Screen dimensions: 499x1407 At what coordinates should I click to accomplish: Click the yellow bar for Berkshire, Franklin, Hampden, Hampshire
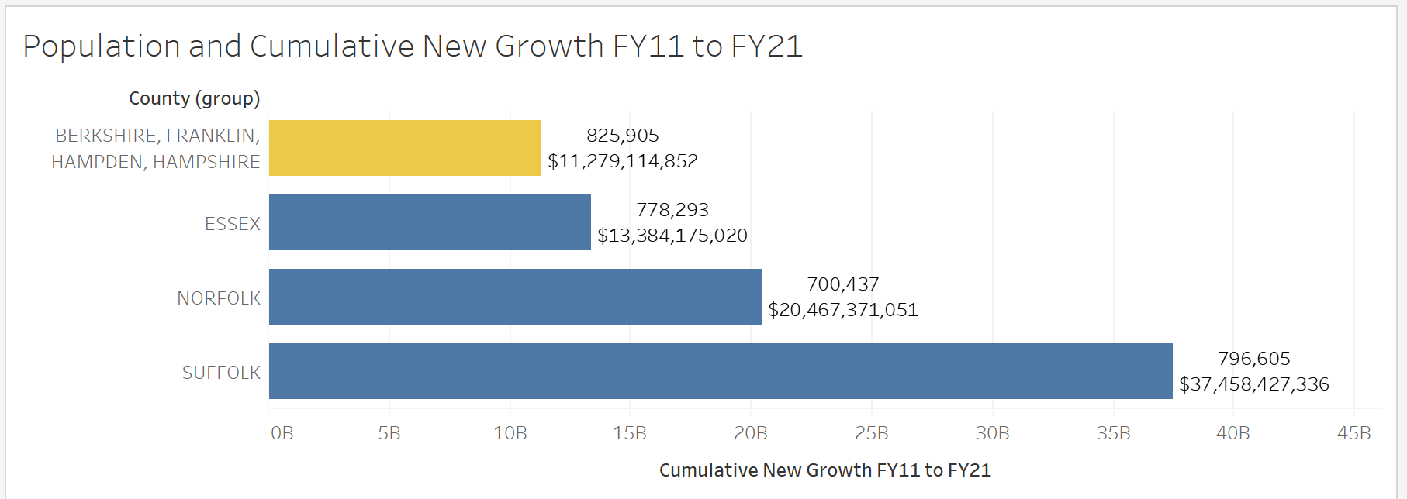point(405,148)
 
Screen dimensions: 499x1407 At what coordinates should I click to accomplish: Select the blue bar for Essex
point(430,222)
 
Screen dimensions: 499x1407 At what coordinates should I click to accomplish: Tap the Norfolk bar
point(515,297)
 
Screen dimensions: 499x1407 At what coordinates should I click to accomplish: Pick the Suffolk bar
point(721,371)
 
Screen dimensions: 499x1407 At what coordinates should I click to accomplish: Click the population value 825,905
point(622,136)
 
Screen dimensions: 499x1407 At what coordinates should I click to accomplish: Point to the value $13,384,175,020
point(672,236)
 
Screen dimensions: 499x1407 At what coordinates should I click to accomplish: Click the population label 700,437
point(842,284)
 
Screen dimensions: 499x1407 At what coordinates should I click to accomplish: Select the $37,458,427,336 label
point(1253,384)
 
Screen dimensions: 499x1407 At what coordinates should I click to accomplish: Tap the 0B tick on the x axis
point(282,433)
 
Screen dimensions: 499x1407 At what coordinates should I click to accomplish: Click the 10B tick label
point(510,433)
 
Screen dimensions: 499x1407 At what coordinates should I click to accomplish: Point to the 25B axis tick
point(871,433)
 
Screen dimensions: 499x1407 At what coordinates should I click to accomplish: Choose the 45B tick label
point(1353,433)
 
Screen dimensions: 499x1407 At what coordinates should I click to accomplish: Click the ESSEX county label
point(232,224)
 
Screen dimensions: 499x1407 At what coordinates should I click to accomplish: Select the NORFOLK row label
point(219,298)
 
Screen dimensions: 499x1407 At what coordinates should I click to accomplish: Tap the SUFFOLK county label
point(221,373)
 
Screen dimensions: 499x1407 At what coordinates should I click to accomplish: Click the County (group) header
point(194,98)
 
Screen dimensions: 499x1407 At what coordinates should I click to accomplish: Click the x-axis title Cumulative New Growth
point(824,470)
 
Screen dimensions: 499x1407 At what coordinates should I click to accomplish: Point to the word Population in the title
point(102,46)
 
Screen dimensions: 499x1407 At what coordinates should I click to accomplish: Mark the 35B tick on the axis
point(1113,433)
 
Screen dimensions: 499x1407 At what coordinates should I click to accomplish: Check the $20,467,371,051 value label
point(842,310)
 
